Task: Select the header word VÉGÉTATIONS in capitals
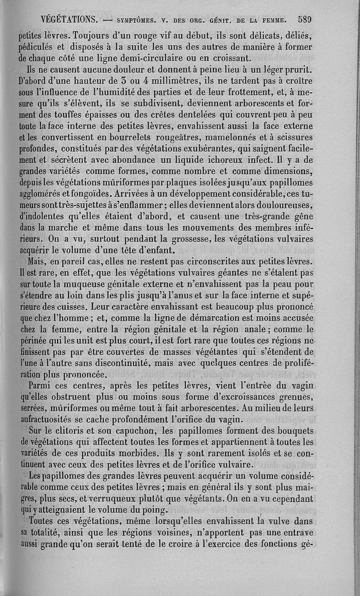pyautogui.click(x=69, y=20)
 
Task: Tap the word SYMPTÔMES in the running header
pyautogui.click(x=136, y=20)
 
